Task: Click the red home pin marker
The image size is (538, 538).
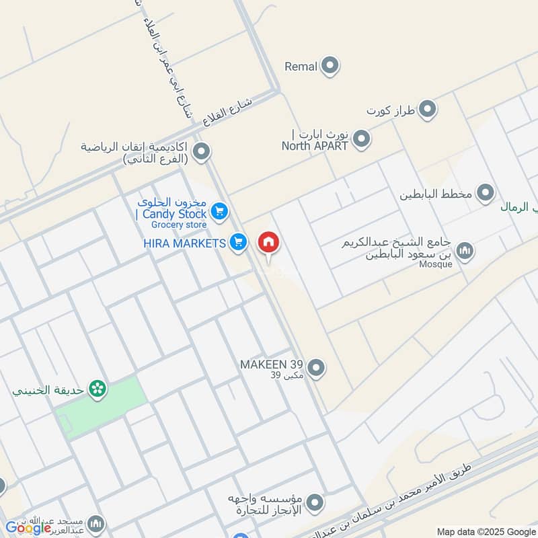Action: pos(268,242)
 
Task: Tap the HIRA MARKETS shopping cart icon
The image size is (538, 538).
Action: pos(237,242)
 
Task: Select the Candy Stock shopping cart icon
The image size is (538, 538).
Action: pos(219,212)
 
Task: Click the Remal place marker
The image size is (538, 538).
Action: pos(330,66)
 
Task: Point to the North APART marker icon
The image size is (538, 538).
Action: pos(362,140)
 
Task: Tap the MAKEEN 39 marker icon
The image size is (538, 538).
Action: pos(317,368)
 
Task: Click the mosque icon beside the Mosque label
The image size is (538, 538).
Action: pos(464,252)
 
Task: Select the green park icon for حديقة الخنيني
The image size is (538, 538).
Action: pos(98,389)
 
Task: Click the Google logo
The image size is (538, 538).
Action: pos(28,528)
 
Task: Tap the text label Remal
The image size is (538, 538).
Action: pos(300,66)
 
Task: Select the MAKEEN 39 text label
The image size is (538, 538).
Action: pos(272,364)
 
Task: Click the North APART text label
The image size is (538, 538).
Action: pos(315,145)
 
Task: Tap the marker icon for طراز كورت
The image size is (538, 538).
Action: pos(427,109)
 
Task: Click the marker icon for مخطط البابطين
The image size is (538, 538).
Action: pos(485,194)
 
